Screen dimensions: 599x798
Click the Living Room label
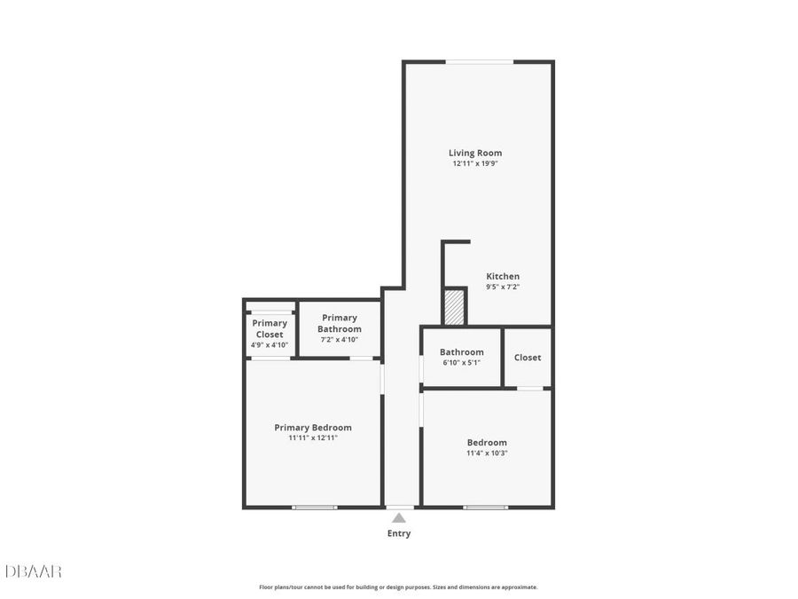[x=475, y=153]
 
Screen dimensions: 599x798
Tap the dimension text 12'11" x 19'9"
[x=475, y=163]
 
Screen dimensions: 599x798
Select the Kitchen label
[x=503, y=276]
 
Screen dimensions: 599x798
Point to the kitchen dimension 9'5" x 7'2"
[x=503, y=287]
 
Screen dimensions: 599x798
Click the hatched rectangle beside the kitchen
[x=454, y=306]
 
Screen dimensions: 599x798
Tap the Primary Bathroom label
[x=340, y=323]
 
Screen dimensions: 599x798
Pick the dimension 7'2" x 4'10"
[x=340, y=339]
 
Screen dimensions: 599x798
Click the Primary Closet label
[x=270, y=328]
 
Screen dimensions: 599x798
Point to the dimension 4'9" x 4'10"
[x=270, y=344]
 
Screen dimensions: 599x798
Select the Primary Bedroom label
[x=313, y=427]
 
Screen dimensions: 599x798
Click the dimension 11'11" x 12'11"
[x=313, y=437]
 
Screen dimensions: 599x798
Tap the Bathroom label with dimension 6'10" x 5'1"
[x=461, y=352]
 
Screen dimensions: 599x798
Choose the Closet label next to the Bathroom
[x=528, y=358]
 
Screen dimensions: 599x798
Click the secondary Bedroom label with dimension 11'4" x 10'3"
[x=487, y=442]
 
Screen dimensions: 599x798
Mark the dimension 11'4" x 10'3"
[x=487, y=453]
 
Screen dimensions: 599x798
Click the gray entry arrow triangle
[x=399, y=517]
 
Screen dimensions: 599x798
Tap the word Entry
[x=399, y=533]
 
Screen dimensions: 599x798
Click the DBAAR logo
[x=34, y=571]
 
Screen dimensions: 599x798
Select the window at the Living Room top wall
[x=479, y=62]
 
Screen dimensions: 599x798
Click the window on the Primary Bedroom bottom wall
[x=315, y=507]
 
